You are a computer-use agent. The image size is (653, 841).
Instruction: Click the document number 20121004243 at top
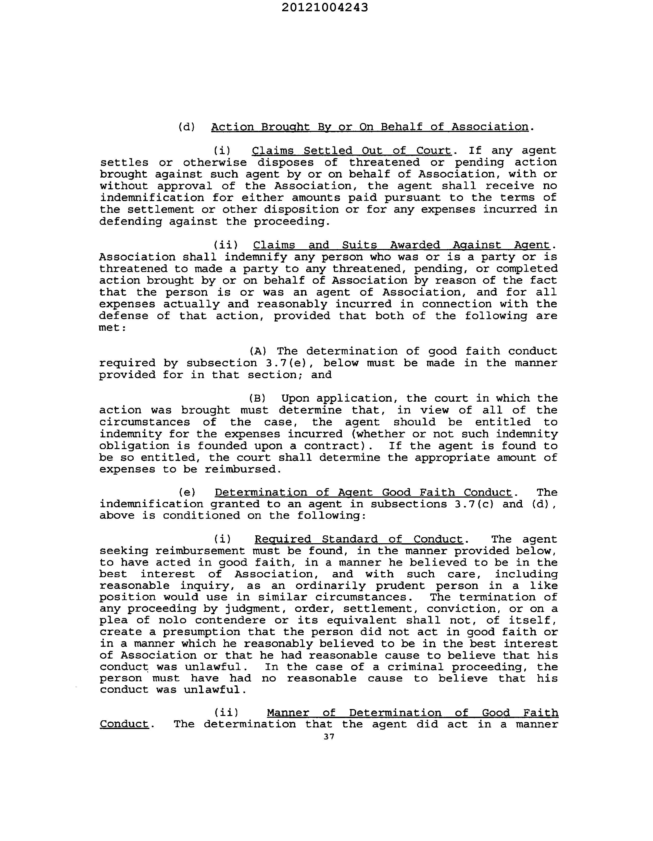[324, 7]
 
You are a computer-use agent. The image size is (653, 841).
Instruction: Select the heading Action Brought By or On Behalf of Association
[370, 127]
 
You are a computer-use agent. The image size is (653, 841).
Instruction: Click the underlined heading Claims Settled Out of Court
[351, 150]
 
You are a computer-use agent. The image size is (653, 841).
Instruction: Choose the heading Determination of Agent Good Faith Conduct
[363, 492]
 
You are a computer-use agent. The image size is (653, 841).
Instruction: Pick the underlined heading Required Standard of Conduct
[358, 539]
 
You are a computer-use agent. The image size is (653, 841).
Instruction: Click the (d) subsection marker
[187, 127]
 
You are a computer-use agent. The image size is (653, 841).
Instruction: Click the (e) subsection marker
[187, 492]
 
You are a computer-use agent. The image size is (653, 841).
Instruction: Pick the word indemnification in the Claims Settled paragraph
[152, 197]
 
